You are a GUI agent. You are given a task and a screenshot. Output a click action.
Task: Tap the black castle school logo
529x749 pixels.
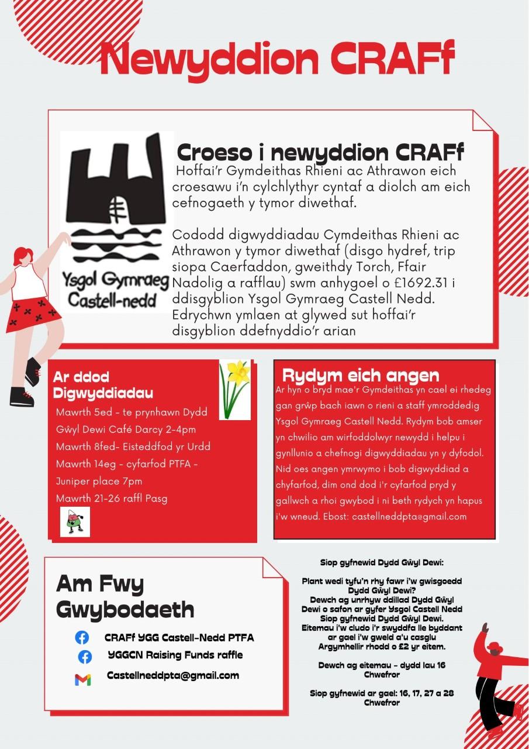point(115,199)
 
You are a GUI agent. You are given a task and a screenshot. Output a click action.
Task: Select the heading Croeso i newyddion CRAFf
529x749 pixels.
point(320,153)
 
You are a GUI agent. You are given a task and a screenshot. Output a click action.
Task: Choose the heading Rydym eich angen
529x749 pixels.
point(360,376)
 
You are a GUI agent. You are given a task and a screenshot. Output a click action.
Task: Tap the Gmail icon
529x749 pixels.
point(83,679)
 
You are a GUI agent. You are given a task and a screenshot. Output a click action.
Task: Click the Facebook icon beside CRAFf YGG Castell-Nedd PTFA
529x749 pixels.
point(82,637)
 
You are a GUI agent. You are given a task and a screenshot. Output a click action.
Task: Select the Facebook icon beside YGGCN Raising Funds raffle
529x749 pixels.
point(85,657)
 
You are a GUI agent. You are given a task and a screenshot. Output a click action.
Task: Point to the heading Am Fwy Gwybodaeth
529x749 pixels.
point(125,597)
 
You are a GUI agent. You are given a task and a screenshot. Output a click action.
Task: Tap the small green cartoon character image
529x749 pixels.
point(74,521)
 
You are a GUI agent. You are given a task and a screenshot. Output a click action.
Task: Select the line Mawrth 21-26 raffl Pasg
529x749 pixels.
point(111,499)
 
